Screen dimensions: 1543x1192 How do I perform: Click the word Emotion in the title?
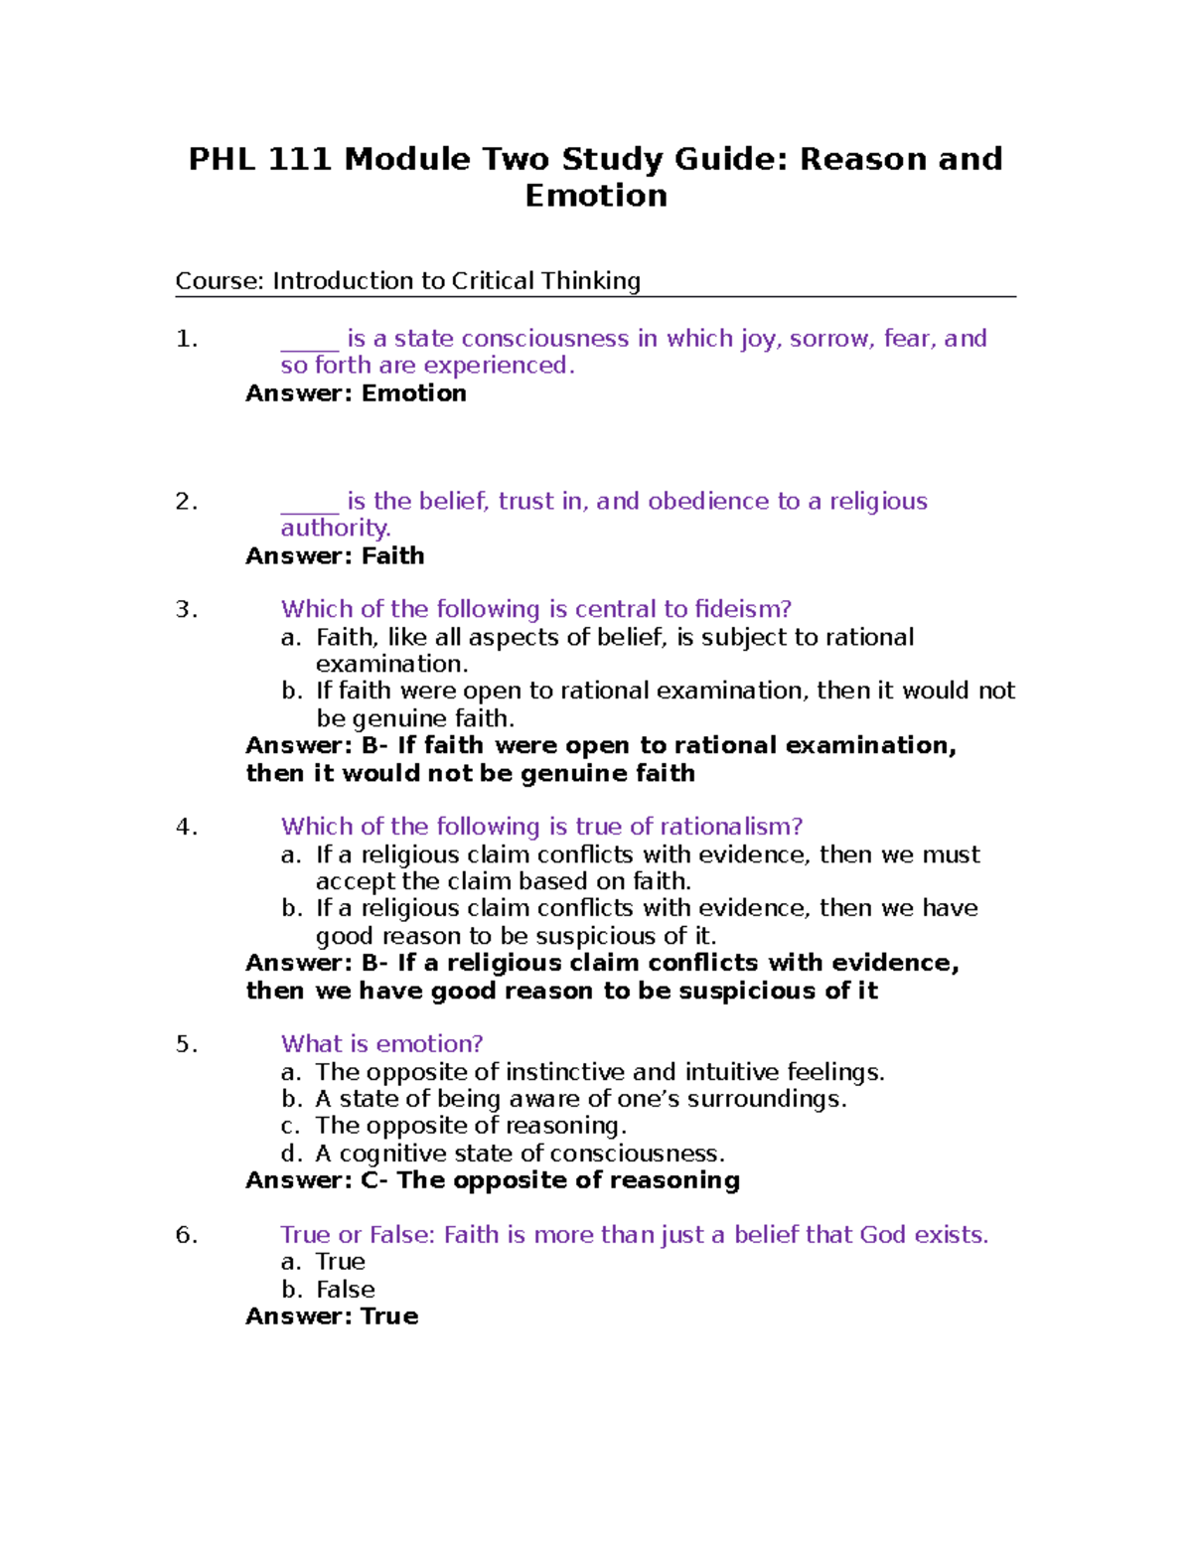(x=596, y=196)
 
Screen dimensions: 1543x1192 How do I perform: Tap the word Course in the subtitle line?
(x=218, y=281)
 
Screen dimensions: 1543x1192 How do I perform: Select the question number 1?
(x=186, y=340)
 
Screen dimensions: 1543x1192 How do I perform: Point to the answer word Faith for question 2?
(x=393, y=556)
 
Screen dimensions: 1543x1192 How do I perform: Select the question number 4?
(x=186, y=827)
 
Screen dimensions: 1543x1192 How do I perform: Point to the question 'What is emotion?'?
(x=381, y=1044)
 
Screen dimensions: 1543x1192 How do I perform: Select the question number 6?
(x=186, y=1235)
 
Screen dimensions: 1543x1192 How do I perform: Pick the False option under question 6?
(x=345, y=1290)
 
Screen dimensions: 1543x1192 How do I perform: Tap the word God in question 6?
(x=883, y=1235)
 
